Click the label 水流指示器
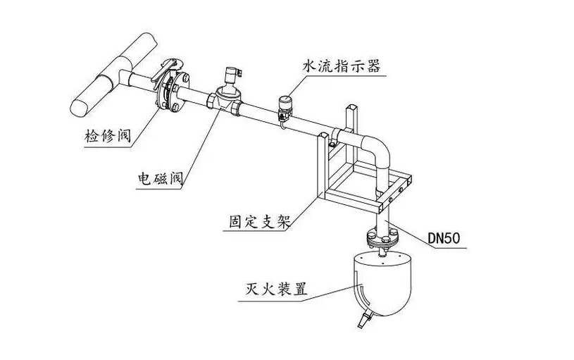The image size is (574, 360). (x=341, y=66)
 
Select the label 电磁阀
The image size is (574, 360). (x=160, y=178)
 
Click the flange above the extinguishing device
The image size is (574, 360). (x=380, y=241)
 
